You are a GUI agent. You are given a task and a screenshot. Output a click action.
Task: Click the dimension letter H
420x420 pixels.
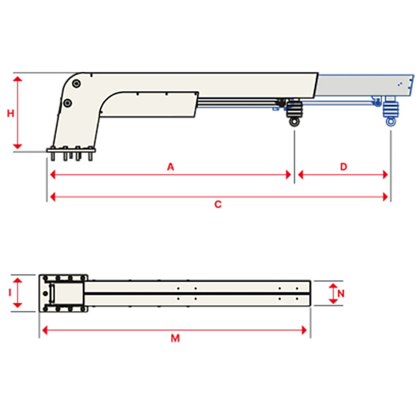pos(10,113)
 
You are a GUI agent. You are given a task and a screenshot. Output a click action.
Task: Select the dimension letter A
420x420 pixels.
pos(170,166)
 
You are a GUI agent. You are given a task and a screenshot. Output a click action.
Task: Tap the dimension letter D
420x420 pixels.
pos(343,166)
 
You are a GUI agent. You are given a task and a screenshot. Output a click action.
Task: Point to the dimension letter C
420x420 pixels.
pos(218,205)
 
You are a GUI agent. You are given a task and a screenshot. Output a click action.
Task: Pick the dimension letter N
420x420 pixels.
pos(341,293)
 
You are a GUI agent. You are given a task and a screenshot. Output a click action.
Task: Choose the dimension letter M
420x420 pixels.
pos(175,339)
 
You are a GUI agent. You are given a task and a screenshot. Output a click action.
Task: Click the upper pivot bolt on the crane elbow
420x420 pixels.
pos(77,84)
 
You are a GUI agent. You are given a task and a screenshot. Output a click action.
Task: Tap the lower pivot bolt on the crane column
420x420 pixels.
pos(67,103)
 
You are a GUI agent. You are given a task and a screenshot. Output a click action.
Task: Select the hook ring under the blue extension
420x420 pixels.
pos(391,122)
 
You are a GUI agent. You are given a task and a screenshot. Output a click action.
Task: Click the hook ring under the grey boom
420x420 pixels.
pos(295,122)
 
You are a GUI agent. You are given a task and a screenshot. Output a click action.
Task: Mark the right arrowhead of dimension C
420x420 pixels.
pos(386,197)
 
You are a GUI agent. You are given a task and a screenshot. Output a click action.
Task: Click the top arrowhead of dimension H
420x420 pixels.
pos(18,79)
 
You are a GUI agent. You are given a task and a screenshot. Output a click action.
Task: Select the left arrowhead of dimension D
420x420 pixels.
pos(300,175)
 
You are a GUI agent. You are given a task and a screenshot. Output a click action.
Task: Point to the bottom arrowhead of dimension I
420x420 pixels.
pos(18,305)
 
